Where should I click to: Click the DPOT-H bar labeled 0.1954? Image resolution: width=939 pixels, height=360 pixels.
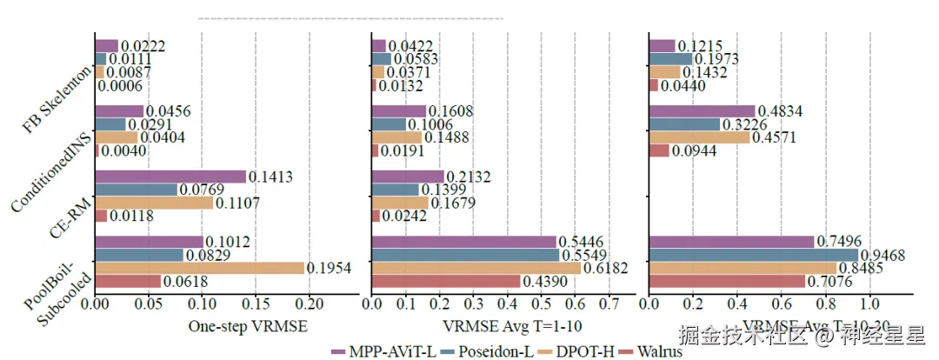pos(199,268)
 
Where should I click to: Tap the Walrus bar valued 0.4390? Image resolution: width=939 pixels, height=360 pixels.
pos(445,281)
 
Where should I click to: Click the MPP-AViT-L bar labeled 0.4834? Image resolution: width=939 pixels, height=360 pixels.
pos(702,111)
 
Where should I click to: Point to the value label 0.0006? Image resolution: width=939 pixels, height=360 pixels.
pos(120,86)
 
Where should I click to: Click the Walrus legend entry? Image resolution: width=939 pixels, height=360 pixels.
pos(651,351)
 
